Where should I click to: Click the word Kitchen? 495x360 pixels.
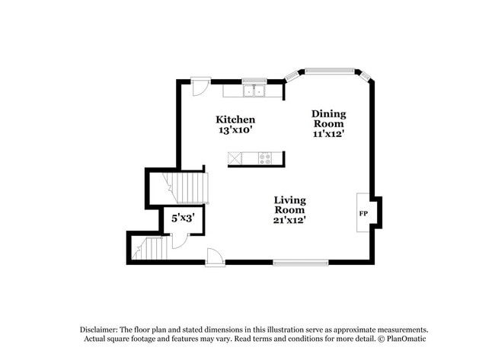point(235,119)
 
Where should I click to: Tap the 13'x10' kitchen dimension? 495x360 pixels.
point(235,130)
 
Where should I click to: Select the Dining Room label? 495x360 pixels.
point(328,119)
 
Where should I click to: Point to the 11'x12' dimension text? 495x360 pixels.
point(328,134)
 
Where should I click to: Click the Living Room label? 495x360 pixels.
point(290,205)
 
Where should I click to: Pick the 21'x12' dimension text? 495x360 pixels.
point(290,220)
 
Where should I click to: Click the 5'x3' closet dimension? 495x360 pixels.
point(183,218)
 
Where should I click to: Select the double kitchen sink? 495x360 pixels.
point(254,91)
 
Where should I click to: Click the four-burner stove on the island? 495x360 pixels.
point(265,158)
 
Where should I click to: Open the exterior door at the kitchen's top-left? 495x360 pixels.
point(199,86)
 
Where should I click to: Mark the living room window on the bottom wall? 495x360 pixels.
point(301,263)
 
